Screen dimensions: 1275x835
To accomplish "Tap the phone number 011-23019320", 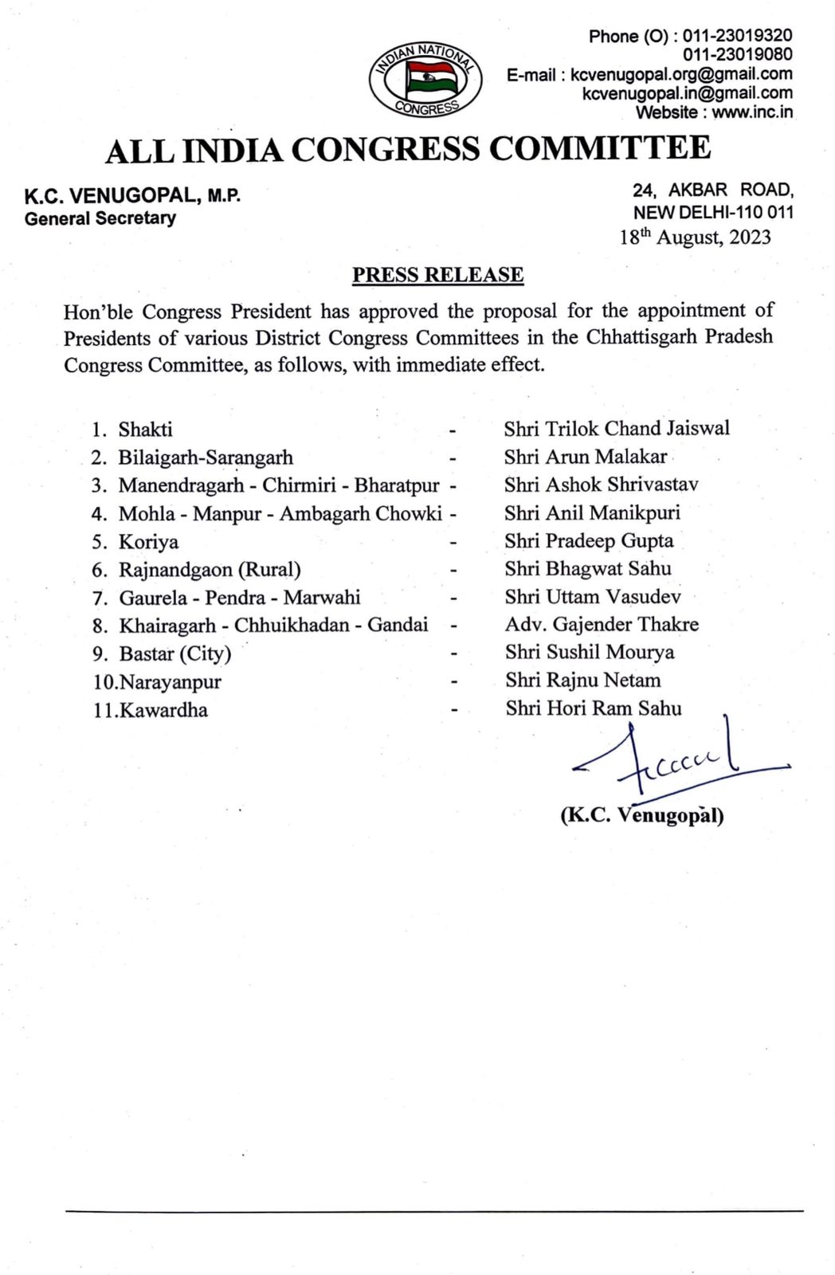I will [737, 36].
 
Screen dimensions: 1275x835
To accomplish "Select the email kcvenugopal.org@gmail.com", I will [682, 74].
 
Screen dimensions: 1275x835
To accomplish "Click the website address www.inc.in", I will [752, 112].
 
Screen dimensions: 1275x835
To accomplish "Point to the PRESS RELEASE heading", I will [438, 275].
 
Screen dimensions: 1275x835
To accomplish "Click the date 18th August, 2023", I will [696, 237].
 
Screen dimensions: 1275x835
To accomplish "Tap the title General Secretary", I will [100, 218].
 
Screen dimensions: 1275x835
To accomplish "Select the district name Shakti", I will [145, 430].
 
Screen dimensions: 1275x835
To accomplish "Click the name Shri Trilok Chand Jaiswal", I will [617, 429].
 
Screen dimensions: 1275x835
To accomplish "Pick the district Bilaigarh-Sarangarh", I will [206, 457].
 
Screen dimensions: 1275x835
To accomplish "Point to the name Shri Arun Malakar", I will [585, 457].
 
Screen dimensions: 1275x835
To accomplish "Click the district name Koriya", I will [148, 542].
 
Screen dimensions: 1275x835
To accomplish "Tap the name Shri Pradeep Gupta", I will [589, 541].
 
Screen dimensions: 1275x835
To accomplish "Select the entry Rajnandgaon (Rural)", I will [210, 570].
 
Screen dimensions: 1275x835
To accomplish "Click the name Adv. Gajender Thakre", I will [602, 625].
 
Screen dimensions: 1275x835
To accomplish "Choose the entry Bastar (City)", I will [174, 654].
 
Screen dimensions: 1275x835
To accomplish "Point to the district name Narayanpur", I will [170, 682].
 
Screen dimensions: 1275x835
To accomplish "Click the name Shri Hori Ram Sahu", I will [593, 708].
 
